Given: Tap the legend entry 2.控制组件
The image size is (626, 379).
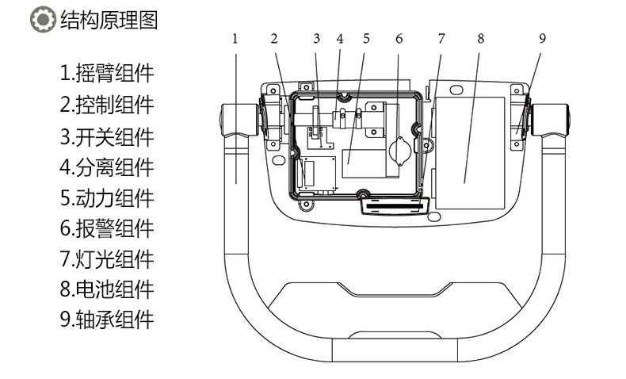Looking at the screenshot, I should [106, 105].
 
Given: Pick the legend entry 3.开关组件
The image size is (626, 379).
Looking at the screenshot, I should [106, 136].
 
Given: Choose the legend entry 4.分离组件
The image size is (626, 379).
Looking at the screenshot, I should [106, 167].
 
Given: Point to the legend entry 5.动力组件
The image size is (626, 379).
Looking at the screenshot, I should [106, 197].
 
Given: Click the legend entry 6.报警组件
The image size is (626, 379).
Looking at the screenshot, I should [106, 228].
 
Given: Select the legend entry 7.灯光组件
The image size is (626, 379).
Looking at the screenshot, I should [106, 258].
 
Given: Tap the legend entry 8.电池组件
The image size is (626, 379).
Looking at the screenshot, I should [106, 289].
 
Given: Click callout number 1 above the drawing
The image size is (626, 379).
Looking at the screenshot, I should [235, 38].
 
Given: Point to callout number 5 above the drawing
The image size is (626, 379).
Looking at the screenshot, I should [366, 38].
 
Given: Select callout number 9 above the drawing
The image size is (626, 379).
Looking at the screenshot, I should [542, 38].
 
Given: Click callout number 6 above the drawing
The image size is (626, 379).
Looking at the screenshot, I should [399, 38].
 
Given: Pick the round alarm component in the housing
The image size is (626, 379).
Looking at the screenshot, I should [400, 148].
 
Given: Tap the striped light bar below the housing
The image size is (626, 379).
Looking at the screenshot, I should [391, 206].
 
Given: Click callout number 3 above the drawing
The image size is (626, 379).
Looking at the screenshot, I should [315, 38].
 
